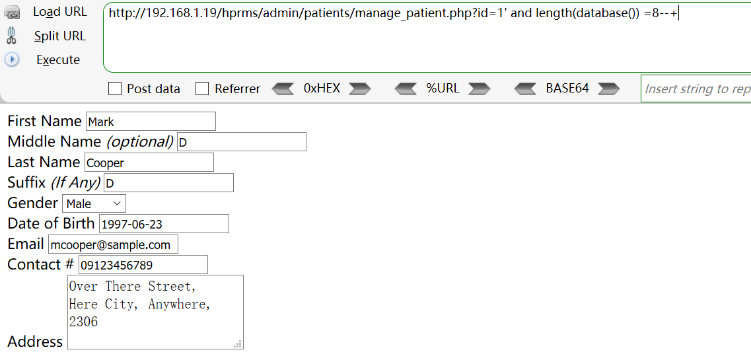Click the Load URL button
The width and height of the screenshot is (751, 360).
tap(59, 12)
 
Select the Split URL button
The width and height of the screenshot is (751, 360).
tap(59, 36)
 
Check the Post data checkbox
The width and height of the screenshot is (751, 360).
tap(115, 89)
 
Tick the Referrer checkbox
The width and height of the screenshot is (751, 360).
tap(203, 89)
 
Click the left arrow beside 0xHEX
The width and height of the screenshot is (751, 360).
tap(283, 89)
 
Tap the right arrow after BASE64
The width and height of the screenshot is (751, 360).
tap(608, 89)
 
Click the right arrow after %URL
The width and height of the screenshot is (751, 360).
tap(479, 89)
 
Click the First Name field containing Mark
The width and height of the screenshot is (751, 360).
tap(151, 122)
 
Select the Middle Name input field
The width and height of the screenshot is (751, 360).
tap(241, 142)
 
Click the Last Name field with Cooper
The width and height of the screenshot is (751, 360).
tap(149, 162)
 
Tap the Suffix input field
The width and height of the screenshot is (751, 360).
tap(168, 183)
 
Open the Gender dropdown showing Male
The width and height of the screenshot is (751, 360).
tap(94, 203)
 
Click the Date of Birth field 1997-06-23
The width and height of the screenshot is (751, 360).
tap(164, 224)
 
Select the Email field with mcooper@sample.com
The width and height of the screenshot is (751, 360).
tap(113, 244)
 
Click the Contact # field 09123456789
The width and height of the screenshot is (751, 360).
tap(143, 265)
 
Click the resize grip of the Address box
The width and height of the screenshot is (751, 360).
tap(238, 344)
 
